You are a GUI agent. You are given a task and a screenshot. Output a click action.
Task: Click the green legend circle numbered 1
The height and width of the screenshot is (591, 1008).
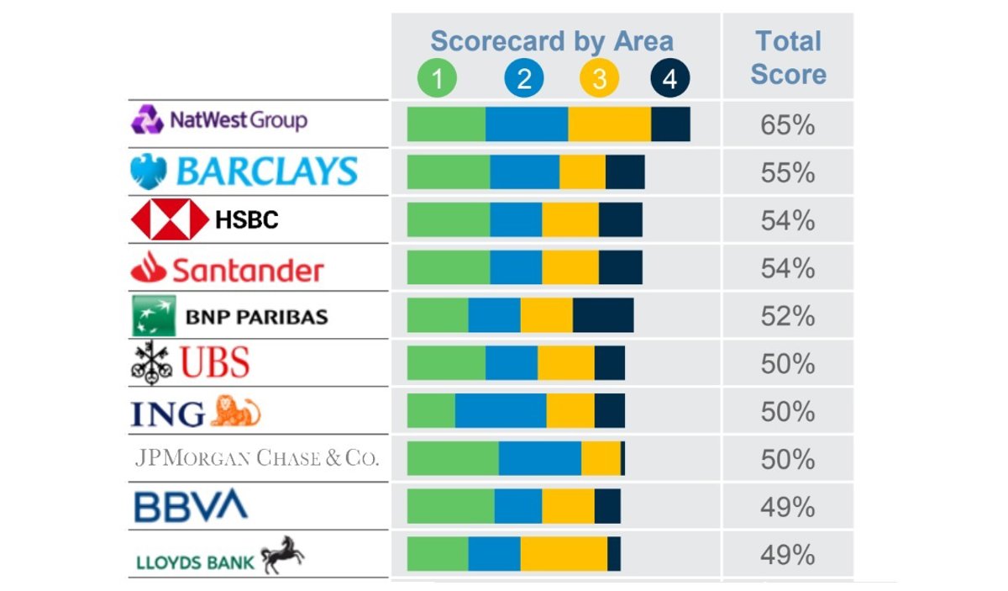pos(437,79)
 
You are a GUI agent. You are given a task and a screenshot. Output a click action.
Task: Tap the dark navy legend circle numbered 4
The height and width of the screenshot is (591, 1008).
pos(669,79)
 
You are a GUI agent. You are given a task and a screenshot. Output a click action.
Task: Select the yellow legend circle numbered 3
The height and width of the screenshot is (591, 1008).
pos(599,79)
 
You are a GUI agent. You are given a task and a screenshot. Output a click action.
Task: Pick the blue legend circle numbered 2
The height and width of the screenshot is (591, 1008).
pos(524,79)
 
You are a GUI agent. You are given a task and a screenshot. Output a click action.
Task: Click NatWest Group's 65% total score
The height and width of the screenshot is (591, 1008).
pos(787,125)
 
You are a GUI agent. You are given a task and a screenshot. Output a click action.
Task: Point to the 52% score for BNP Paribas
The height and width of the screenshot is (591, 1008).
pos(787,316)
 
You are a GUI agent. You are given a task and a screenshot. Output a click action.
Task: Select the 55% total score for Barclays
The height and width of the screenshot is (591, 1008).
pos(787,173)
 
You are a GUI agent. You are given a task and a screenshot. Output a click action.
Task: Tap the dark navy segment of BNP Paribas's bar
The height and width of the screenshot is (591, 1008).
pos(603,316)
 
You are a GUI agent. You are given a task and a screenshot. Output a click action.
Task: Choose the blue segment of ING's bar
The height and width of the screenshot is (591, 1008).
pos(501,412)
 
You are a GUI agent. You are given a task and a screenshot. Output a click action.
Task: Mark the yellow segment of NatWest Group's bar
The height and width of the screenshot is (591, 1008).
pos(609,124)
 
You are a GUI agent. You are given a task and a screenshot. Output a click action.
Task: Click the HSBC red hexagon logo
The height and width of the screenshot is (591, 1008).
pos(169,220)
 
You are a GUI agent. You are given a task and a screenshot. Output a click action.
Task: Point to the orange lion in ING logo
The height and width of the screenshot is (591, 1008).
pos(235,411)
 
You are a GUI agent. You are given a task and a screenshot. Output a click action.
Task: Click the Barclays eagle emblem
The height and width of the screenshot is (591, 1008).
pos(150,171)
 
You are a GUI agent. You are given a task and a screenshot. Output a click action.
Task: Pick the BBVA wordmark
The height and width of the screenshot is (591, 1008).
pos(191,507)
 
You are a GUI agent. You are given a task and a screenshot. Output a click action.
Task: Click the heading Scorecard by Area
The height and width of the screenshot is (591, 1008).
pos(551,41)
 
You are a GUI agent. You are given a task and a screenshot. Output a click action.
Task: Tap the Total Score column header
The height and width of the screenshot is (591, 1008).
pos(788,57)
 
